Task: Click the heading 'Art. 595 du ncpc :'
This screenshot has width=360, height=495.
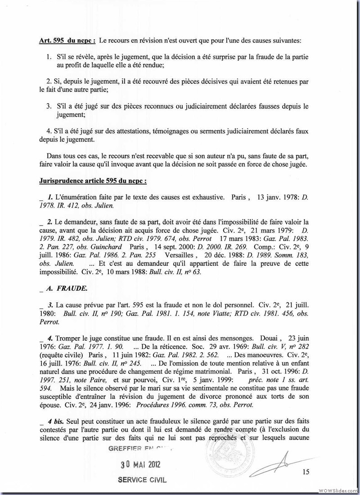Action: tap(67, 41)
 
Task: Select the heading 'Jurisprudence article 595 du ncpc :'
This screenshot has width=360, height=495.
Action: tap(94, 181)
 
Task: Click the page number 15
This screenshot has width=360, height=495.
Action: tap(306, 472)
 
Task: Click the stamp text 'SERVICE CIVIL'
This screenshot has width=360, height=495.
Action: tap(142, 480)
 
